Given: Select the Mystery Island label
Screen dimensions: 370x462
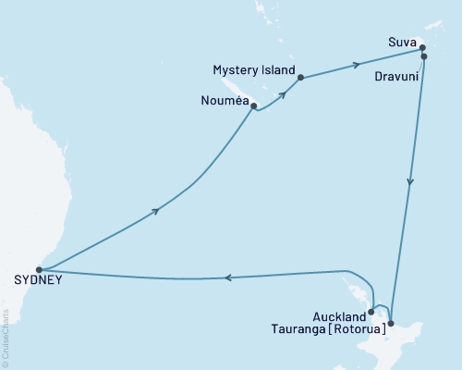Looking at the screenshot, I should click(x=254, y=70).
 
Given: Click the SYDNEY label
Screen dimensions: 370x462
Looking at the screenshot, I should click(x=33, y=282).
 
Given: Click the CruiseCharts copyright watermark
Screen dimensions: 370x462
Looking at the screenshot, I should click(x=6, y=339).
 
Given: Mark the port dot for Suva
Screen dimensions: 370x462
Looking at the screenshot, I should click(x=420, y=47).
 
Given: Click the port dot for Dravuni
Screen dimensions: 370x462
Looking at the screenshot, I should click(x=424, y=56).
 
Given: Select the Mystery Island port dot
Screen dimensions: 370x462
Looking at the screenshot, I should click(x=301, y=78).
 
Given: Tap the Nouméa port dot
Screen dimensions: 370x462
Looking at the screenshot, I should click(x=253, y=105).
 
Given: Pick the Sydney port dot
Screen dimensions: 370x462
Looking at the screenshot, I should click(x=39, y=270).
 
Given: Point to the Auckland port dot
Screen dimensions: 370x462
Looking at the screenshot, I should click(x=371, y=312).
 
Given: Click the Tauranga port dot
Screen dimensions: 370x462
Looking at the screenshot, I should click(x=391, y=323).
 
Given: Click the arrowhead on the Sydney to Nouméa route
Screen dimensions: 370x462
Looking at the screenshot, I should click(x=156, y=211).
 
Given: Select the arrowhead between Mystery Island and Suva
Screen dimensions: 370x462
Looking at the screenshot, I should click(x=356, y=65).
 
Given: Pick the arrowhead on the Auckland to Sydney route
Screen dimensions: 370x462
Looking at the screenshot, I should click(x=228, y=277).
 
